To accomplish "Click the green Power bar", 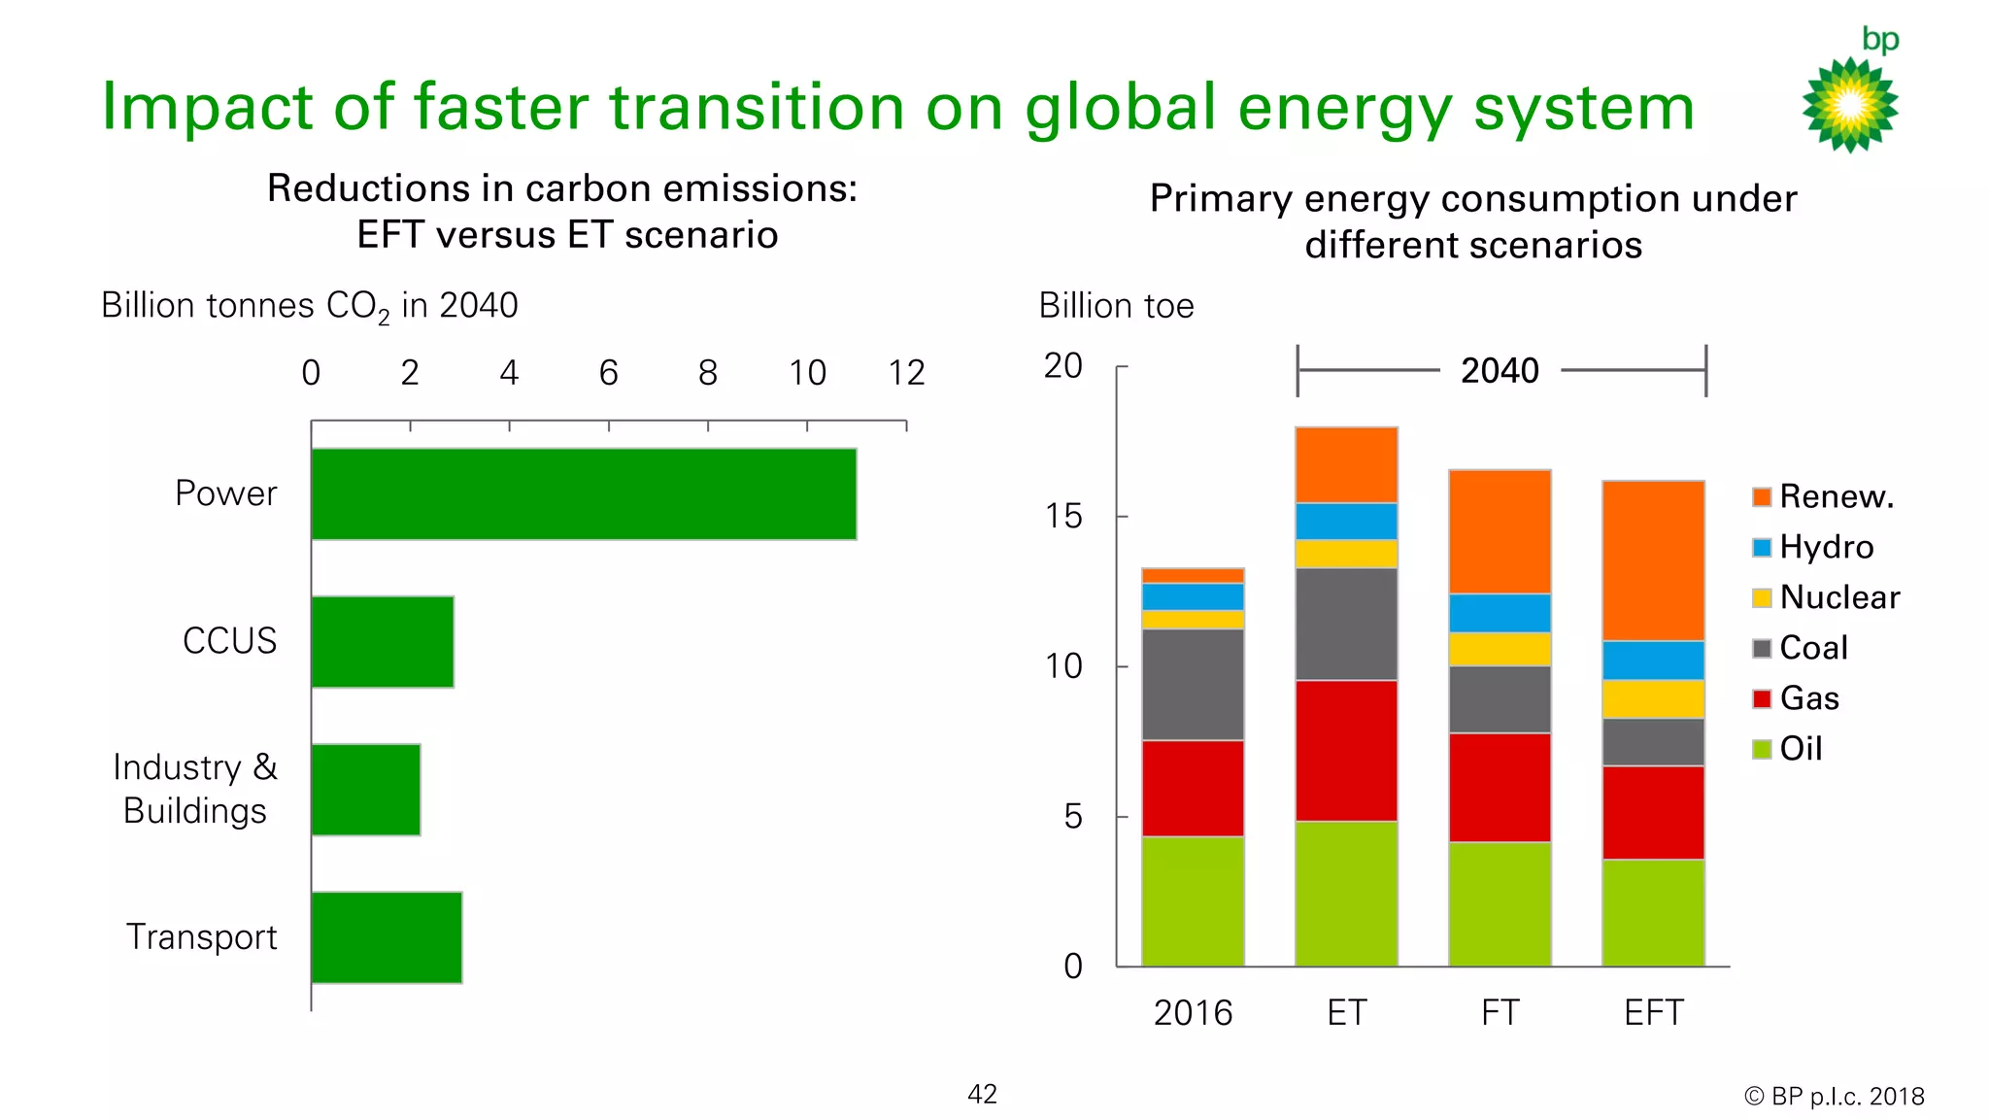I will pyautogui.click(x=583, y=493).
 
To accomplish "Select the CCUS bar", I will pyautogui.click(x=382, y=641).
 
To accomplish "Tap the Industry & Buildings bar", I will pyautogui.click(x=365, y=789).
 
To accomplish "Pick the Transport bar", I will pyautogui.click(x=386, y=936).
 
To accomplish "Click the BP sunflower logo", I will pyautogui.click(x=1850, y=104).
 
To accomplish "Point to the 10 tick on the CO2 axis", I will pyautogui.click(x=807, y=373).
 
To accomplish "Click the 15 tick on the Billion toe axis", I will pyautogui.click(x=1063, y=517).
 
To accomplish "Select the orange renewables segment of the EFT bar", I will pyautogui.click(x=1653, y=560).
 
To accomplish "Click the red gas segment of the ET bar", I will pyautogui.click(x=1346, y=750).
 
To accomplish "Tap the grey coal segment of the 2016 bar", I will pyautogui.click(x=1193, y=684).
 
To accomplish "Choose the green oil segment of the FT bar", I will pyautogui.click(x=1500, y=903).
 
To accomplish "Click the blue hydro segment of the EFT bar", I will pyautogui.click(x=1653, y=661).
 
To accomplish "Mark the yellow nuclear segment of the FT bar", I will pyautogui.click(x=1500, y=649).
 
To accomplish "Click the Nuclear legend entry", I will pyautogui.click(x=1826, y=597).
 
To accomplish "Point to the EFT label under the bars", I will pyautogui.click(x=1653, y=1013).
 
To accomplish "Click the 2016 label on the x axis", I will pyautogui.click(x=1193, y=1013).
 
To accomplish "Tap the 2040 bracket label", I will pyautogui.click(x=1500, y=370).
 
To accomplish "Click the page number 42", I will pyautogui.click(x=982, y=1095).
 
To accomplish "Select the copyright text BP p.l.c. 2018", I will pyautogui.click(x=1835, y=1097).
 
